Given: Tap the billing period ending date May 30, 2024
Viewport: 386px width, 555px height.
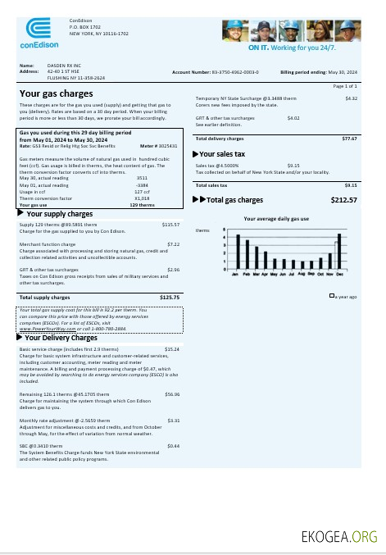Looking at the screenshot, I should pyautogui.click(x=343, y=72).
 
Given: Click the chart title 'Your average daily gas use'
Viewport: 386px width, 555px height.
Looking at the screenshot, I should pyautogui.click(x=276, y=219).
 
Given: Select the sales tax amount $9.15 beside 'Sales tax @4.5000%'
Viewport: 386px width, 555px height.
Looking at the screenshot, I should pyautogui.click(x=293, y=165).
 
